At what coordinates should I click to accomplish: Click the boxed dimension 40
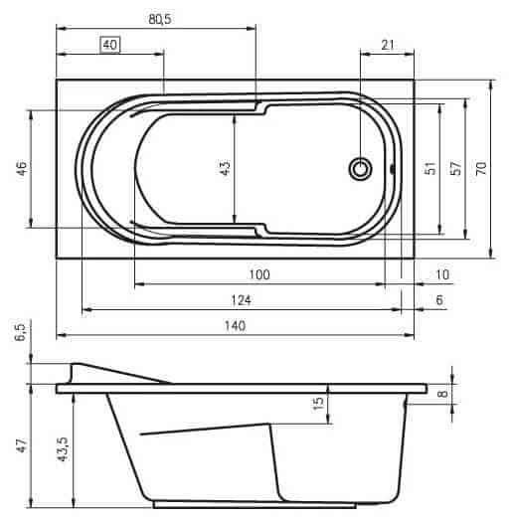coord(110,45)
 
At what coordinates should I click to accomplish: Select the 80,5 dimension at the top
coord(160,19)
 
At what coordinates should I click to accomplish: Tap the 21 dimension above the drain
coord(388,45)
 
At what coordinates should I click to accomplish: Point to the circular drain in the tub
coord(360,169)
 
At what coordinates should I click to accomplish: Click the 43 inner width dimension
coord(226,168)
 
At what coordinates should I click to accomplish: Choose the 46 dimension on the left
coord(22,169)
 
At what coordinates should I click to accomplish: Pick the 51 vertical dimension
coord(430,168)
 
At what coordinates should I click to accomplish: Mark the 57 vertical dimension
coord(456,168)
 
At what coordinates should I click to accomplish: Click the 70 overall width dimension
coord(481,168)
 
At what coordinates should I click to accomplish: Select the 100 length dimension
coord(259,274)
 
